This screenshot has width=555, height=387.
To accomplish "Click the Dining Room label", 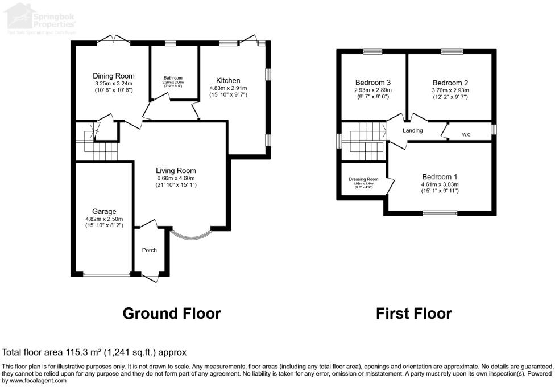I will coord(114,76).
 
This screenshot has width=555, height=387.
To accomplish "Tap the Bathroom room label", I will coord(173,78).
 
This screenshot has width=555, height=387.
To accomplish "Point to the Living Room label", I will coord(176,170).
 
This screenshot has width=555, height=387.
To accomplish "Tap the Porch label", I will coord(149,250).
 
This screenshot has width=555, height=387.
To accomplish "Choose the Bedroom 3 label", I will coord(372,82).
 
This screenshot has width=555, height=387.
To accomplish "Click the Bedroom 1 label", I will coord(439,176).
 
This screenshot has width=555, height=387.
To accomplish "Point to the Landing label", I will coord(412,131).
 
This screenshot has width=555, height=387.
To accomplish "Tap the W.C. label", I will coord(466,135).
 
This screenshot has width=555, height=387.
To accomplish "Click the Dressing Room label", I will coord(363,179).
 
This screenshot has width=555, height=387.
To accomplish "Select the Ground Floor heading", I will coord(172,314).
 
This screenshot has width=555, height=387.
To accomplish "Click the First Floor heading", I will coord(414,314).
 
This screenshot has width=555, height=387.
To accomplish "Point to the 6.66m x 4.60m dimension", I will coord(176,178).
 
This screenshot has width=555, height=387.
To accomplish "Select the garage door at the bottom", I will coord(106,275).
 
